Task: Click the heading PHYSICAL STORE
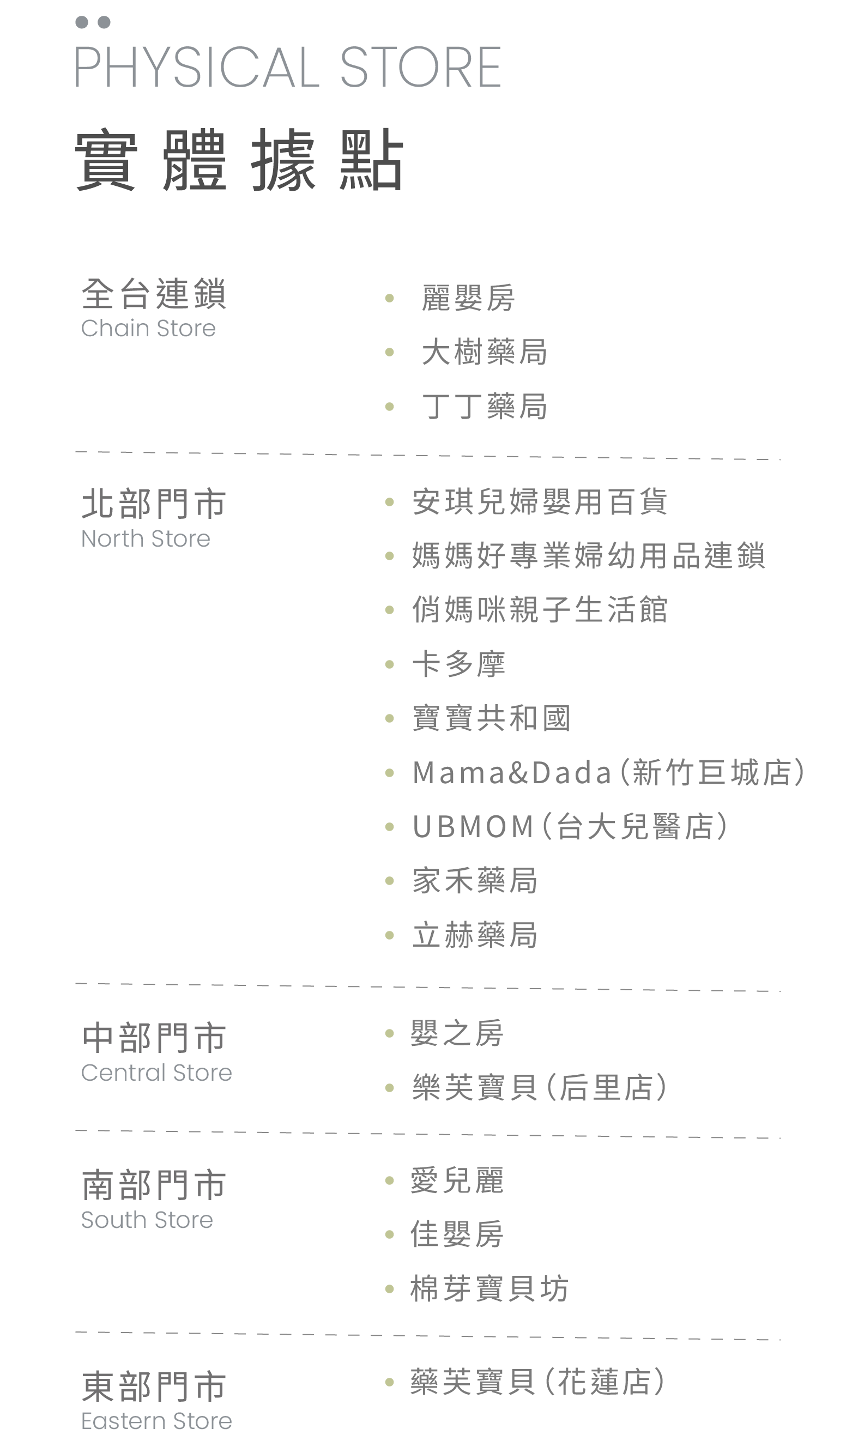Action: pos(288,68)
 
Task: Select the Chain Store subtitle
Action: pos(148,328)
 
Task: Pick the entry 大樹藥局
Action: pos(484,352)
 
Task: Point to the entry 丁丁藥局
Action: pos(484,407)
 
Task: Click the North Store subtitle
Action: pos(146,539)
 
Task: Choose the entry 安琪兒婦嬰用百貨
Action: pos(540,501)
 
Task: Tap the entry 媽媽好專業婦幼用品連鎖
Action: pos(589,555)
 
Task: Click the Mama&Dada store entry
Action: pos(608,772)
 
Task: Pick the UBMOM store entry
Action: pos(570,826)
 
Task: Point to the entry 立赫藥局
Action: pos(475,935)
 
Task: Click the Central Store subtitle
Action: pos(156,1073)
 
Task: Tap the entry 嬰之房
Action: pos(457,1033)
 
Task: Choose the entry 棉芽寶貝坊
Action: pos(489,1289)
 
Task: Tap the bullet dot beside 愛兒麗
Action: pos(389,1180)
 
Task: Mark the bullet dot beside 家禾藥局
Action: pos(389,881)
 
